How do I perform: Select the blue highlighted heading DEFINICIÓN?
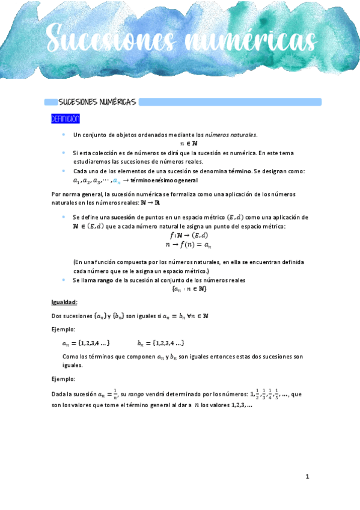point(65,119)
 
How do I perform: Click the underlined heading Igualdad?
point(64,302)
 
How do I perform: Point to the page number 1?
point(307,477)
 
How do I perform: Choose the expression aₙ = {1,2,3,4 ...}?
point(85,343)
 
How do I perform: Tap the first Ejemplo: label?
point(63,330)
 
